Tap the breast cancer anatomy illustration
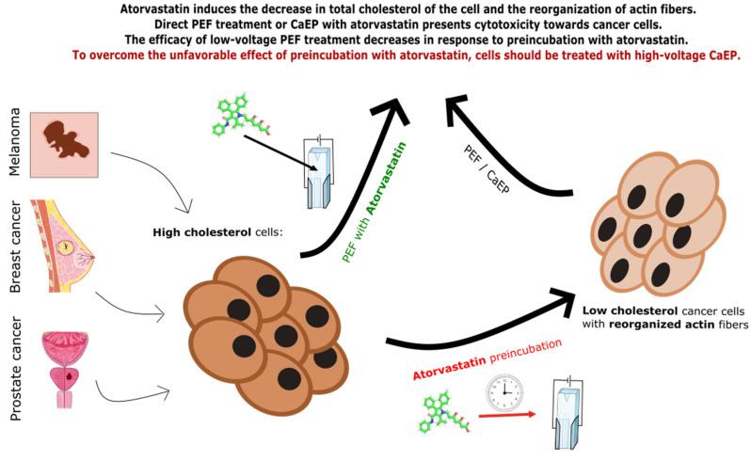click(x=67, y=246)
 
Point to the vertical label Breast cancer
click(x=16, y=246)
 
